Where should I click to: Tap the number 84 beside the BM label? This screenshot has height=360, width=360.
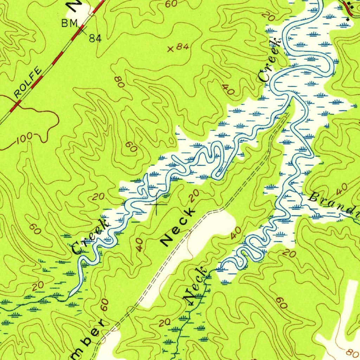point(95,38)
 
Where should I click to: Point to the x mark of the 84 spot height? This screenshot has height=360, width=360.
point(171,49)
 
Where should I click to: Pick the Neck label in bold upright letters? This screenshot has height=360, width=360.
point(178,227)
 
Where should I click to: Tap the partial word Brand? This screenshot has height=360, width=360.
point(334,204)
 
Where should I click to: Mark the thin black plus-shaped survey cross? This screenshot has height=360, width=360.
point(156,204)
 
